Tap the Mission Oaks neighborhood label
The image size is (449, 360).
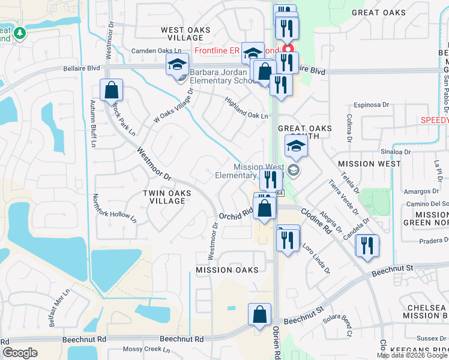click(x=227, y=270)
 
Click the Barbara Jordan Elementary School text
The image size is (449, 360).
click(x=223, y=77)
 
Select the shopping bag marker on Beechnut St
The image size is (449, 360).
click(x=259, y=314)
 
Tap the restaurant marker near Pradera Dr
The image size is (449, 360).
click(x=366, y=245)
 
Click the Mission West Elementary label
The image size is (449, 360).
click(x=244, y=171)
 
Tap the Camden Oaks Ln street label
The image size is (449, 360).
click(x=156, y=51)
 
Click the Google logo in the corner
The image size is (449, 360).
click(x=20, y=353)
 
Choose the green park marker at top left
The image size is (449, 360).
click(x=20, y=33)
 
